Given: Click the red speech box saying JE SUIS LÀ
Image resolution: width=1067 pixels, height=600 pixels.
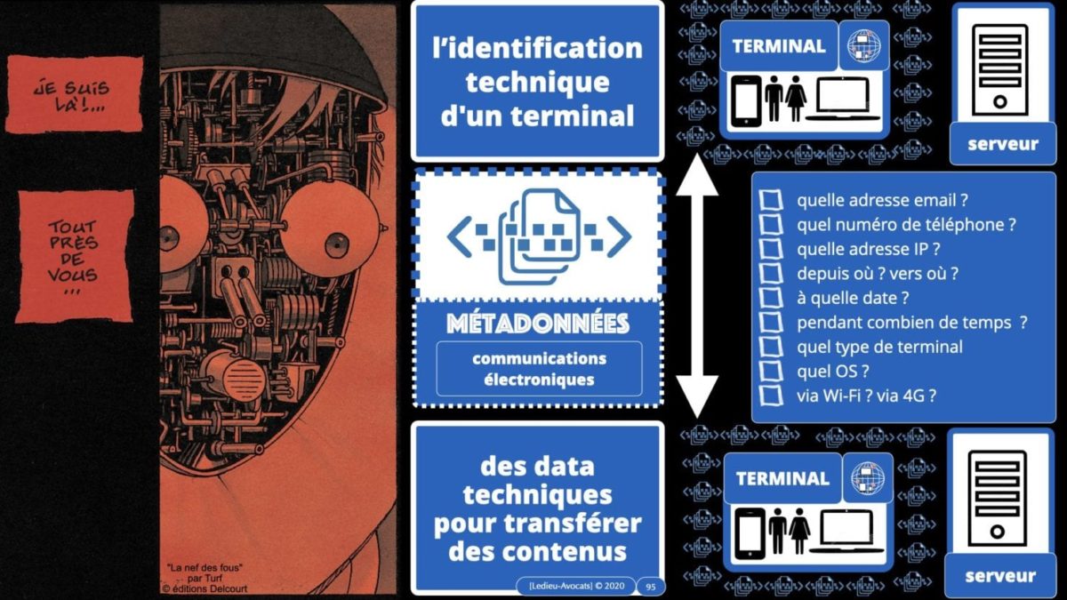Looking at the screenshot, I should click(x=75, y=92).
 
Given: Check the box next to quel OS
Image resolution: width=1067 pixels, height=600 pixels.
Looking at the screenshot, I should click(x=771, y=371).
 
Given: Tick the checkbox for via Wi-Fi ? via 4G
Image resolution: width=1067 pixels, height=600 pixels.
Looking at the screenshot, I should click(x=771, y=396).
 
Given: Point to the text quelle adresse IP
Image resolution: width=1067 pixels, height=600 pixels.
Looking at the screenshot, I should click(x=869, y=249).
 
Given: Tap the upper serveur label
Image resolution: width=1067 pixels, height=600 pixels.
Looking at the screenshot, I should click(x=1002, y=144).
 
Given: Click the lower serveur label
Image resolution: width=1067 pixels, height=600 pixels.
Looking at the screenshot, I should click(x=1000, y=576).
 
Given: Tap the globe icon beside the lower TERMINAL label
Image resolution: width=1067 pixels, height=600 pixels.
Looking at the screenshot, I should click(x=867, y=476).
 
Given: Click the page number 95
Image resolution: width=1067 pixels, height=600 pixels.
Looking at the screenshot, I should click(x=650, y=587).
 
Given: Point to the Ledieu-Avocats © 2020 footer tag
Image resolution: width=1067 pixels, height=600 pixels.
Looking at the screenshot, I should click(x=575, y=587).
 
